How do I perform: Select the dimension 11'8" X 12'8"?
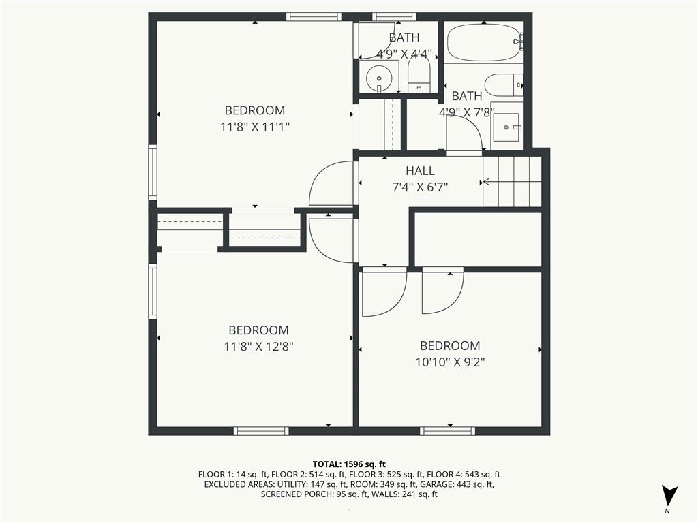click(x=259, y=347)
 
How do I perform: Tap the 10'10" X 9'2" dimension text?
click(x=449, y=362)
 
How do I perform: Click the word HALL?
click(x=420, y=171)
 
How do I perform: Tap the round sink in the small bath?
click(x=378, y=78)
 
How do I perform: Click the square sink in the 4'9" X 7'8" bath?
click(x=506, y=127)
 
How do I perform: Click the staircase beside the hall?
click(x=512, y=182)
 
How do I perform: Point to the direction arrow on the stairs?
click(x=485, y=182)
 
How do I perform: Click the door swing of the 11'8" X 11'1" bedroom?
click(x=332, y=184)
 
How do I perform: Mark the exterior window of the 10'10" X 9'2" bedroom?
click(x=447, y=430)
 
